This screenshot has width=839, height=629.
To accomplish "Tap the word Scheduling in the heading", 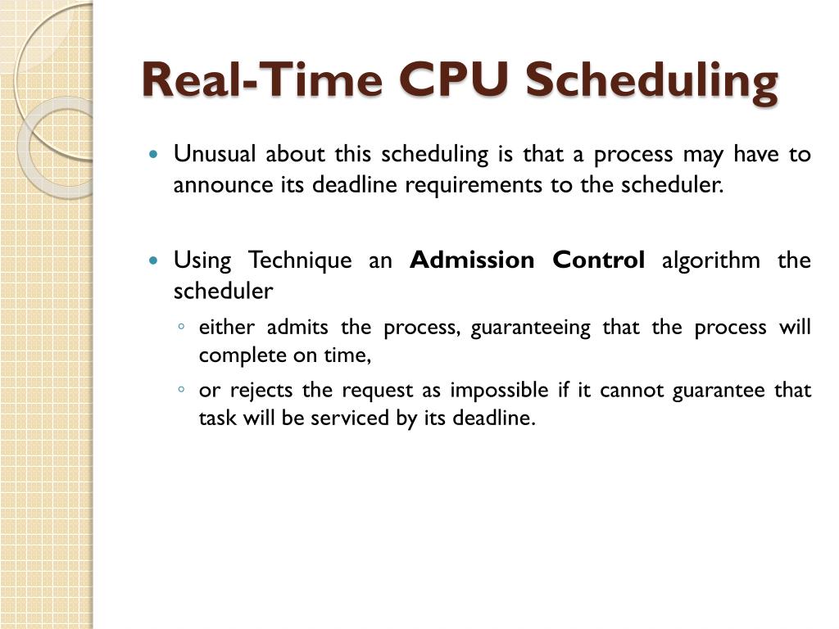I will tap(651, 82).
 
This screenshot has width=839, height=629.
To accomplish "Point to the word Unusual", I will tap(215, 154).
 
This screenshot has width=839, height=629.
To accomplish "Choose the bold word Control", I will tap(599, 260).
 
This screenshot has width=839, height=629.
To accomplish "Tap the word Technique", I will tap(300, 261).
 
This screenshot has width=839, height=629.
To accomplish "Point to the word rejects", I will tap(264, 390).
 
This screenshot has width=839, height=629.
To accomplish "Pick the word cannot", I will tap(632, 390).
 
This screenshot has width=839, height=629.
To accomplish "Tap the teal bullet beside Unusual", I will tap(153, 155).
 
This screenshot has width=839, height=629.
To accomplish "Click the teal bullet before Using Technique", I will tap(153, 261).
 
